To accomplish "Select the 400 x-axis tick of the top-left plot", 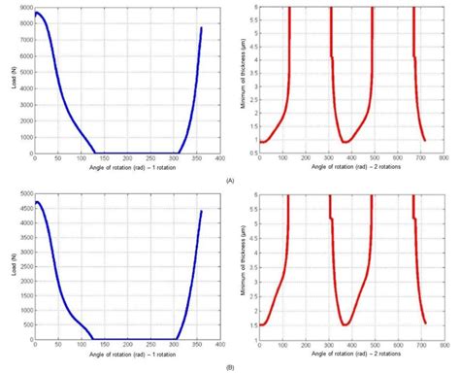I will pyautogui.click(x=219, y=158).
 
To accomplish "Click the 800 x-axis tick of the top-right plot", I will pyautogui.click(x=443, y=158).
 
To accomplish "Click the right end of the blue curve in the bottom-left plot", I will pyautogui.click(x=202, y=211).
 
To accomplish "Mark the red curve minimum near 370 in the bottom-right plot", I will pyautogui.click(x=346, y=324).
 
